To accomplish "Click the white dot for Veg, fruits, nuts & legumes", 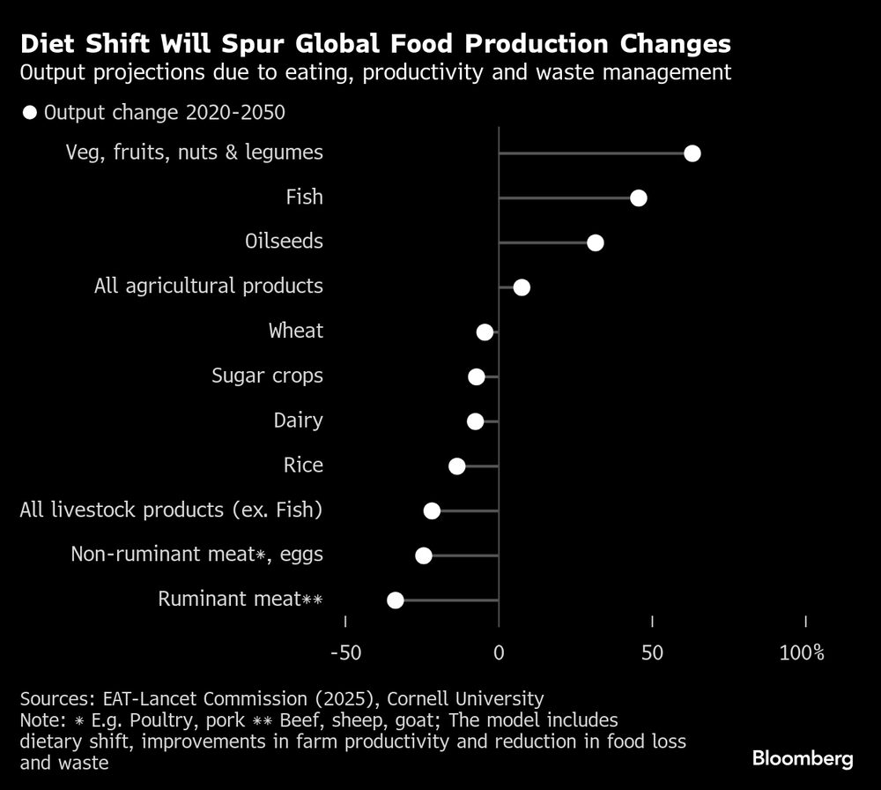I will pos(692,153).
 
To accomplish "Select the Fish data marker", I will pos(639,198).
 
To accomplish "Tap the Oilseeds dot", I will pos(596,242).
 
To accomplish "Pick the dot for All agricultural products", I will pos(522,287).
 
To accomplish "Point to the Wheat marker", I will pos(485,332).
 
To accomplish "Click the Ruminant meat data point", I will pos(396,600).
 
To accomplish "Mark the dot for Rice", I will pos(456,466).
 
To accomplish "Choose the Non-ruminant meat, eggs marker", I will pos(424,555).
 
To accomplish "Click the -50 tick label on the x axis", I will pos(344,653).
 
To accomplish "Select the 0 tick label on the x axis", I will pos(499,653).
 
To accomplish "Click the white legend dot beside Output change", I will pos(30,112).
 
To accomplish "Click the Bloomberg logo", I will pos(803,758).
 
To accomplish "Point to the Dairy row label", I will pos(298,421).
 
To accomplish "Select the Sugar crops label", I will pos(267,376).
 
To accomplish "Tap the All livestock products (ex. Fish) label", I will pos(171,511).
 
